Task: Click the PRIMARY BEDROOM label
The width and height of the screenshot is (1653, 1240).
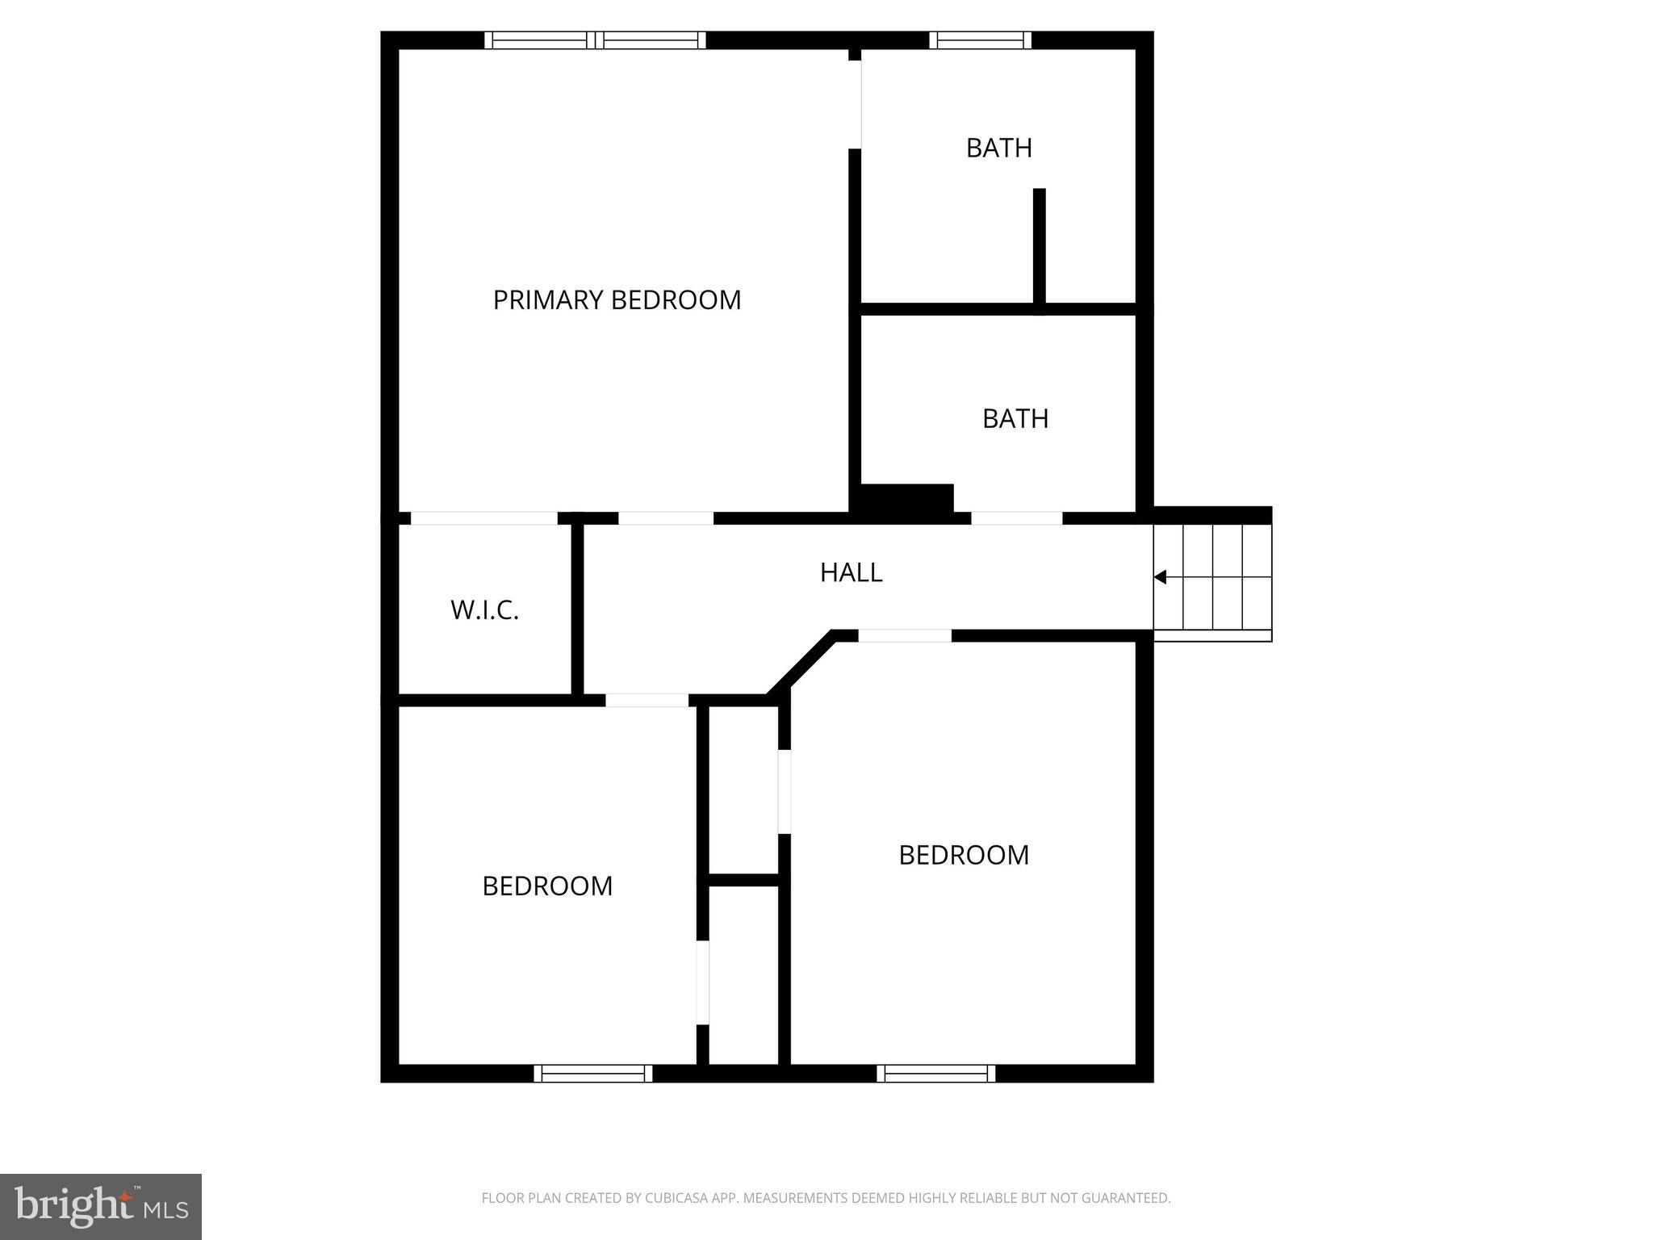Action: click(617, 300)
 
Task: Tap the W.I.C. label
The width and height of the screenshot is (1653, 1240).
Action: click(484, 610)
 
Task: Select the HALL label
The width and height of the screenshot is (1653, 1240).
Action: click(851, 572)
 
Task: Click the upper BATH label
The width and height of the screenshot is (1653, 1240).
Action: click(998, 148)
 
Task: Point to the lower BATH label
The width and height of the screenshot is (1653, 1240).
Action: click(1015, 418)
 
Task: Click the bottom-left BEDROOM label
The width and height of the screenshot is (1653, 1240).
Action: click(547, 886)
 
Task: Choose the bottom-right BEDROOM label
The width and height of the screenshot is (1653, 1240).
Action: click(964, 855)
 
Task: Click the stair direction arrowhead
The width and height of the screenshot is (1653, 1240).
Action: click(1161, 577)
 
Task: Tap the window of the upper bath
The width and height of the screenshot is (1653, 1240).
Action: click(980, 40)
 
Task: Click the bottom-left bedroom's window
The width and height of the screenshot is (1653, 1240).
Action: click(592, 1073)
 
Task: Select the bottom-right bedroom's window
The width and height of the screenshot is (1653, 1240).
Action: click(935, 1073)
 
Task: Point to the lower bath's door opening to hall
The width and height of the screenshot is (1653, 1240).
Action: click(1016, 518)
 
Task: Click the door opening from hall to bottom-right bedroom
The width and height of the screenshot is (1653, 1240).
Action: click(904, 636)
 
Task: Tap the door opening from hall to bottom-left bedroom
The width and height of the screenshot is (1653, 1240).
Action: click(647, 700)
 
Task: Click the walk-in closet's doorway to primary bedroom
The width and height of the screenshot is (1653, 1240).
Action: click(483, 518)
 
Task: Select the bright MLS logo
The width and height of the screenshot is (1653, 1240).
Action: click(101, 1206)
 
